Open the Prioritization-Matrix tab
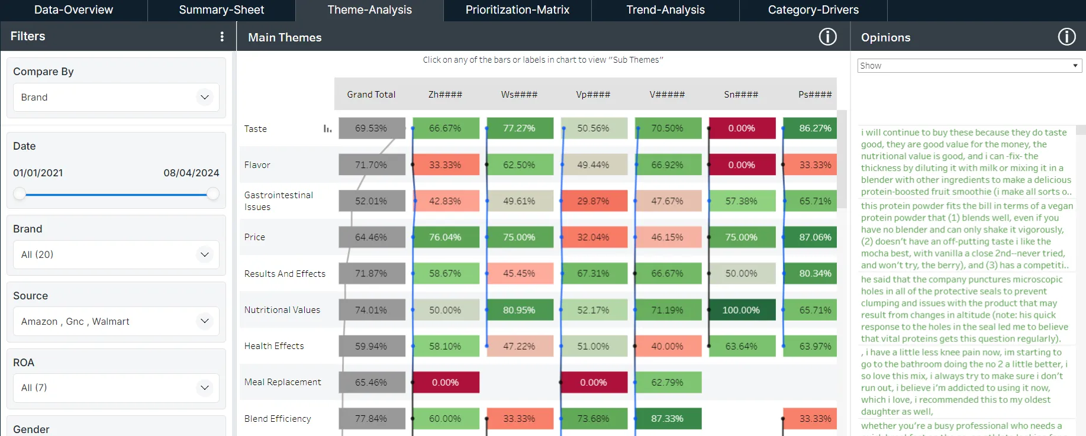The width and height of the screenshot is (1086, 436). click(x=517, y=10)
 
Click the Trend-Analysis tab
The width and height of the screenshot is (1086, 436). click(x=665, y=10)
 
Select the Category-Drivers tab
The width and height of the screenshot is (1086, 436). click(x=813, y=10)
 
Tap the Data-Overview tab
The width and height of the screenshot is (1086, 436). click(x=73, y=10)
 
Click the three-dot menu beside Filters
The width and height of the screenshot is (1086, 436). click(x=222, y=37)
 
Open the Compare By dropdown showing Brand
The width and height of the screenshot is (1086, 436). click(x=116, y=97)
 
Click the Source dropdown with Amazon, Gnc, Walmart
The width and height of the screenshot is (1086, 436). click(x=116, y=321)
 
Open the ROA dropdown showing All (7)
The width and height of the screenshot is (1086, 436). click(x=116, y=387)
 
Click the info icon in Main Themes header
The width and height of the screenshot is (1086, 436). click(x=827, y=37)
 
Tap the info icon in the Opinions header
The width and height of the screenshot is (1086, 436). click(x=1066, y=37)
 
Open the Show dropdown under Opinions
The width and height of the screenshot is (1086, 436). click(x=969, y=66)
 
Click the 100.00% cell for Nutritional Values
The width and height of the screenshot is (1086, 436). click(x=742, y=310)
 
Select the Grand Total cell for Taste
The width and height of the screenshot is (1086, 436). click(x=372, y=128)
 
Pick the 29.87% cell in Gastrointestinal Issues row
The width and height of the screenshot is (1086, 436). click(x=593, y=201)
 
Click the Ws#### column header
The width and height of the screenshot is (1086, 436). click(x=519, y=95)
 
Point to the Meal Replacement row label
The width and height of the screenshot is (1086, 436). click(x=283, y=382)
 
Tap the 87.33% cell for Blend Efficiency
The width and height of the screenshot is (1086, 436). click(x=668, y=419)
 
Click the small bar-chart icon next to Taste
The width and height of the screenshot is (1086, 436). click(x=327, y=129)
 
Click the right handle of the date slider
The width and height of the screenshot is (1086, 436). click(x=213, y=194)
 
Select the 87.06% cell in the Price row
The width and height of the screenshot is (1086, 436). click(x=814, y=237)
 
